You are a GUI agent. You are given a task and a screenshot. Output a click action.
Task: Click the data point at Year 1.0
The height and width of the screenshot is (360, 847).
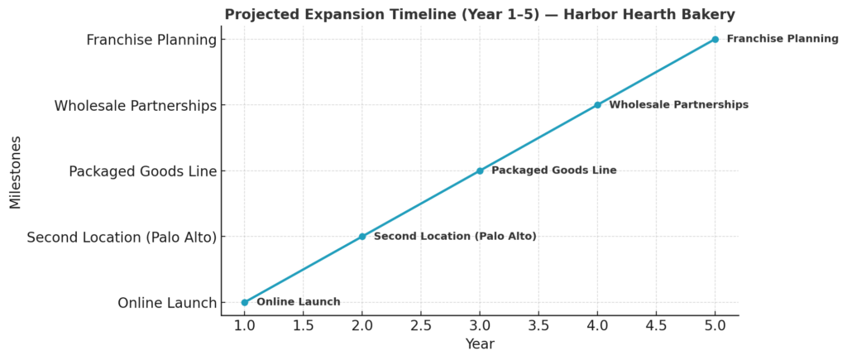click(244, 302)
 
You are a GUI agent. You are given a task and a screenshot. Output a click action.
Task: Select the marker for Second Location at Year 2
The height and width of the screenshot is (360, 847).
click(362, 237)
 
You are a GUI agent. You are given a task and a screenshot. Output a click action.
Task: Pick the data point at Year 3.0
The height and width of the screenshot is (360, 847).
click(480, 171)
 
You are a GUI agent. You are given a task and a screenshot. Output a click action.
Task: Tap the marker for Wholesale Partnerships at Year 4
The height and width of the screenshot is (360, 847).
click(597, 105)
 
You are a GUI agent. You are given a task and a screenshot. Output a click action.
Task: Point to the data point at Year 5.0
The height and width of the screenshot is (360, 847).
click(715, 39)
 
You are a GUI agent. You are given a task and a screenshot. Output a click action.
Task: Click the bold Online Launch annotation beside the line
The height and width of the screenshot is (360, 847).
click(299, 302)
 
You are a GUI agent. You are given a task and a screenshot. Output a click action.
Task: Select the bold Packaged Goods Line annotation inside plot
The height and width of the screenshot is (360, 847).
click(554, 170)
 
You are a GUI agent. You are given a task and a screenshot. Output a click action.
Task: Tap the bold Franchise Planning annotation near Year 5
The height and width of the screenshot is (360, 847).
click(782, 39)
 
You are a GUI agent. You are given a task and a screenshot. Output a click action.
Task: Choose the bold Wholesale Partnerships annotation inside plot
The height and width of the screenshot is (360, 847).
click(678, 105)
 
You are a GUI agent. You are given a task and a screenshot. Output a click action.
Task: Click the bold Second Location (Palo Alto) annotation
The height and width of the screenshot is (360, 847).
click(455, 237)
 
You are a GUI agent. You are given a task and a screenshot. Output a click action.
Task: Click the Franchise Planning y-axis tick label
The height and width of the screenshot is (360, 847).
click(151, 40)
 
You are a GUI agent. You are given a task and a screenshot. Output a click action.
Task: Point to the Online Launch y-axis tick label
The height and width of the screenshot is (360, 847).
click(167, 303)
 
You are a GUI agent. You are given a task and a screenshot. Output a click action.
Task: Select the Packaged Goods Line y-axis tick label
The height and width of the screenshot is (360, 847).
click(142, 171)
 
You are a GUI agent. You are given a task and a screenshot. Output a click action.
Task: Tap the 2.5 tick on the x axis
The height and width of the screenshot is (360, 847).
click(421, 325)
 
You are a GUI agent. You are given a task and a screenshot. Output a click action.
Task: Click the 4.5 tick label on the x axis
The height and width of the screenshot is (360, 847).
click(657, 325)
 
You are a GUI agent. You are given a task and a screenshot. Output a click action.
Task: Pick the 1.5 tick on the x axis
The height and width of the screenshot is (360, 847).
click(304, 325)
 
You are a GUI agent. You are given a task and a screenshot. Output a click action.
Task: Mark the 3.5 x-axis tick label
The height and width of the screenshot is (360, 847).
click(538, 325)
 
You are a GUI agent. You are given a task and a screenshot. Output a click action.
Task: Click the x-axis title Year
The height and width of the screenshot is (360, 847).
click(480, 344)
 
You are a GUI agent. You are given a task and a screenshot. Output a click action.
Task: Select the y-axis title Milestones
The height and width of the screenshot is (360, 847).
click(16, 171)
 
